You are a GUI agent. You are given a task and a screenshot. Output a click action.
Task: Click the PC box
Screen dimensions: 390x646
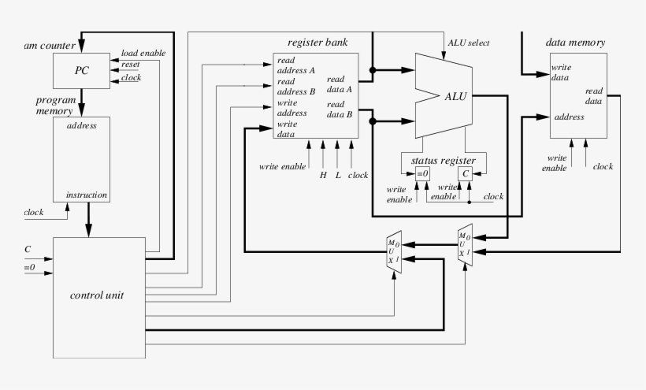[82, 71]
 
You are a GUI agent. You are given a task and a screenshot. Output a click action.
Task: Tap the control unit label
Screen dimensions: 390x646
[96, 295]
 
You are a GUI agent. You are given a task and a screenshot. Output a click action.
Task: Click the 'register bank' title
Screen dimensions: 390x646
[317, 43]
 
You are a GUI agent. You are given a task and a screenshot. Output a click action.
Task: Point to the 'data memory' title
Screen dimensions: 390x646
[575, 42]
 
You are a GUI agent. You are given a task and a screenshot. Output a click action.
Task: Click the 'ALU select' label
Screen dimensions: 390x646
[469, 43]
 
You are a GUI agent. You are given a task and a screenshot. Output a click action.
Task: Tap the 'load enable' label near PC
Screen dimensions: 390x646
[143, 53]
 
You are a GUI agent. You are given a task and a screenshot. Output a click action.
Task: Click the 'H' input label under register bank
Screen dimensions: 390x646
[322, 175]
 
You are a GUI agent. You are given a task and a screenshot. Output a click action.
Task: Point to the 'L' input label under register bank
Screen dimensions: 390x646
[338, 175]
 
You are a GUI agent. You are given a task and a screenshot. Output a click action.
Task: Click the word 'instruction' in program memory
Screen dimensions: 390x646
[87, 195]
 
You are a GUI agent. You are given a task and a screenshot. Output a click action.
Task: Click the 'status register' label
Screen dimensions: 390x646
[444, 161]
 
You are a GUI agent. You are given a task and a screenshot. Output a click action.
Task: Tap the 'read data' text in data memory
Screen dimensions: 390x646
[593, 95]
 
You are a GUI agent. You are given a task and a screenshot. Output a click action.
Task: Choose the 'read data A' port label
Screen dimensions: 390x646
[340, 84]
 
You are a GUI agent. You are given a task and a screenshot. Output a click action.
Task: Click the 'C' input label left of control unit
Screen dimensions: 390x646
[28, 250]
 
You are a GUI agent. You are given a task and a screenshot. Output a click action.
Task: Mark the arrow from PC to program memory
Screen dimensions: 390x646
[82, 102]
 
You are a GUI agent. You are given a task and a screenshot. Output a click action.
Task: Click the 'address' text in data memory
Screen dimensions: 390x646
[569, 117]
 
